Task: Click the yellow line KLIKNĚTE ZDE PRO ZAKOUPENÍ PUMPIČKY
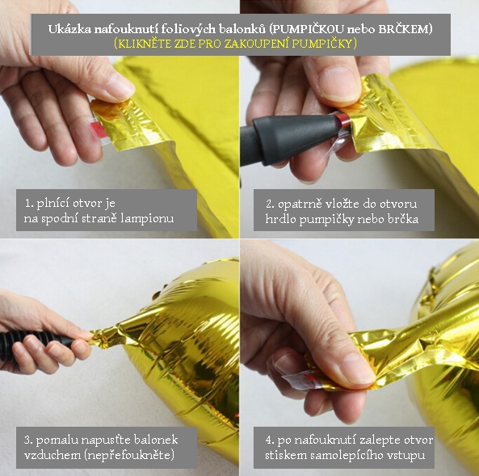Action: [236, 44]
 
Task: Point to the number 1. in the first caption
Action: [29, 204]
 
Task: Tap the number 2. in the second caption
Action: [270, 204]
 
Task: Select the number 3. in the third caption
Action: [28, 440]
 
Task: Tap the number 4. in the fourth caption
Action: [270, 440]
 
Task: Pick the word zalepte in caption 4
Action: [377, 440]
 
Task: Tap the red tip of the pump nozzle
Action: [343, 120]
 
